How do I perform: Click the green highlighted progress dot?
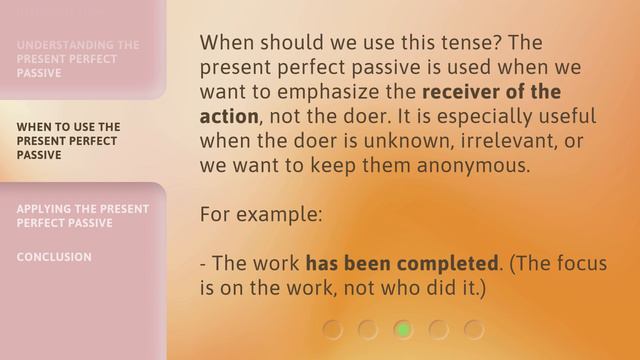(403, 328)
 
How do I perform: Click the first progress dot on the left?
(332, 328)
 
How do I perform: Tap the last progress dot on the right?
(474, 328)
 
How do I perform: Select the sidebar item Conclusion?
(54, 257)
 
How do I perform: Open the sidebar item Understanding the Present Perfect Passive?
(78, 59)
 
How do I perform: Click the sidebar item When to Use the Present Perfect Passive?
(69, 141)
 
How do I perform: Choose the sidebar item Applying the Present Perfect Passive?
(83, 215)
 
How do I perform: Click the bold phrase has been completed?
(401, 265)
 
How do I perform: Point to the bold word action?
(229, 116)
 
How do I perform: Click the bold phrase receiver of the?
(492, 92)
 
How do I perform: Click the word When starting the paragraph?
(227, 43)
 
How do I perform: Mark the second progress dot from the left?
(367, 328)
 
